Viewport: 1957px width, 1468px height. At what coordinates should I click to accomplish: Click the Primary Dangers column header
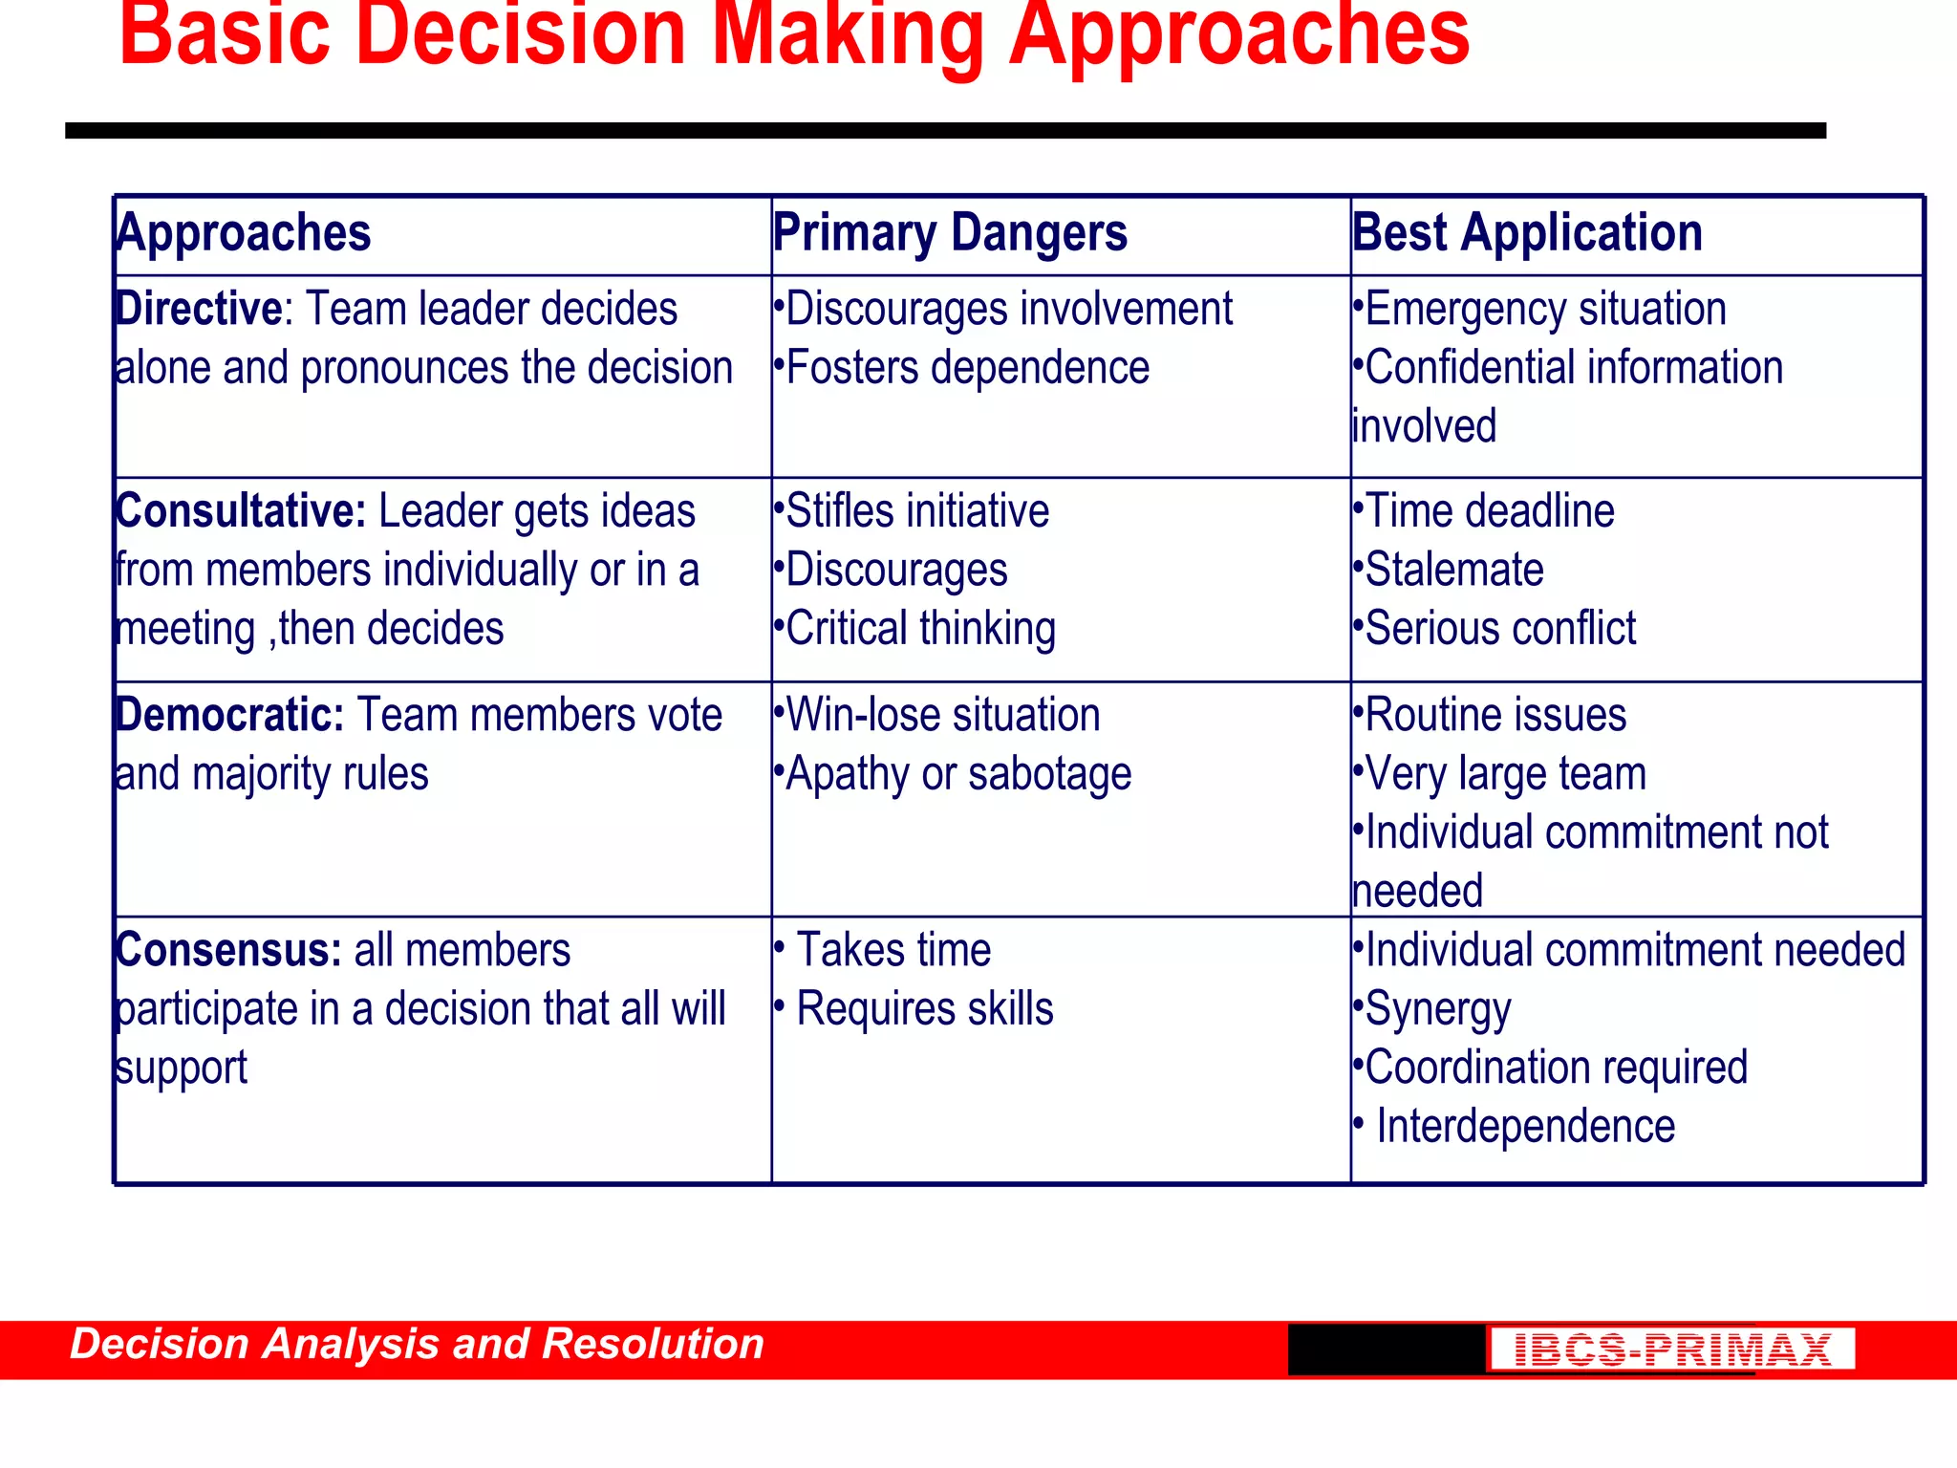click(950, 234)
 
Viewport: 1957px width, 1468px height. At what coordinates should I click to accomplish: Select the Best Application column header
click(1527, 234)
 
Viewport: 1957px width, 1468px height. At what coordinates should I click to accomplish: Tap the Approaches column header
click(243, 234)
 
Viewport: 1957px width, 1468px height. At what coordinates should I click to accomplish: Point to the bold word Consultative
click(240, 511)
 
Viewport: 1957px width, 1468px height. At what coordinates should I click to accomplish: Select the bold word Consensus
click(227, 951)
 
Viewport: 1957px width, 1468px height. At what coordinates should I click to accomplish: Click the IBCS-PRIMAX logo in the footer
click(1671, 1349)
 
